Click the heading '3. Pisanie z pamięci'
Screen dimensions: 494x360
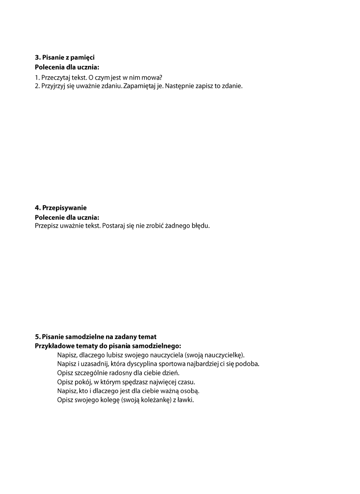[x=68, y=58]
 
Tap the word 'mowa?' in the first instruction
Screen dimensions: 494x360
[x=152, y=77]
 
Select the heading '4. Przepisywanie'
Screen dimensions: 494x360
[x=61, y=208]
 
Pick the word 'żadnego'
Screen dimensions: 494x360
[x=177, y=226]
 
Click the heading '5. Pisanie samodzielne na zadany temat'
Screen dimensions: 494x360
[x=96, y=337]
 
